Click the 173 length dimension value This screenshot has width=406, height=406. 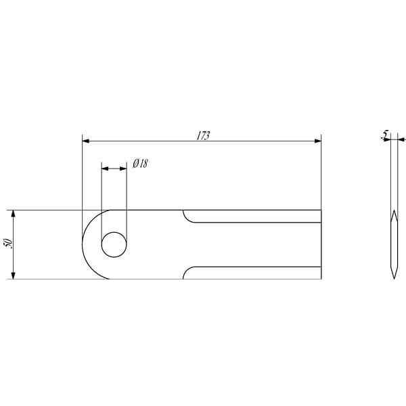[203, 136]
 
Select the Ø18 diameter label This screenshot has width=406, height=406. [140, 164]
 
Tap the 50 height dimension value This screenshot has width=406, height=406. [9, 244]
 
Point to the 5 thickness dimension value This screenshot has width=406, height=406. [386, 135]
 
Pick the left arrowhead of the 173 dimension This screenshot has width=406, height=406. [86, 141]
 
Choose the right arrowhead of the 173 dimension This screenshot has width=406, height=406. [318, 141]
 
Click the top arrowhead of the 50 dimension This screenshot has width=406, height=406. [14, 214]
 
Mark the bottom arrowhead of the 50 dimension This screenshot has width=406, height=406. [14, 275]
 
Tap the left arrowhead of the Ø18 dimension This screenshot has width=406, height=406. [105, 168]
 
